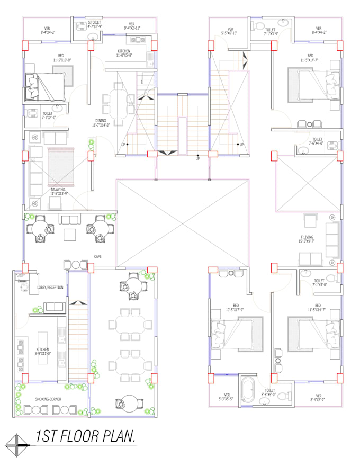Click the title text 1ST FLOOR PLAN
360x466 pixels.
85,436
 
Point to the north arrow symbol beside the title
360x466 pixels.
16,441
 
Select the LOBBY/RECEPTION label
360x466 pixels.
50,288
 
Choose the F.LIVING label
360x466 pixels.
307,238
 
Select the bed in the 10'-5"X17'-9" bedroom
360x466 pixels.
237,333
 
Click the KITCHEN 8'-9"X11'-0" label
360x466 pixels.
42,351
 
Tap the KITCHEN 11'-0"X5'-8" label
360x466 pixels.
128,52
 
